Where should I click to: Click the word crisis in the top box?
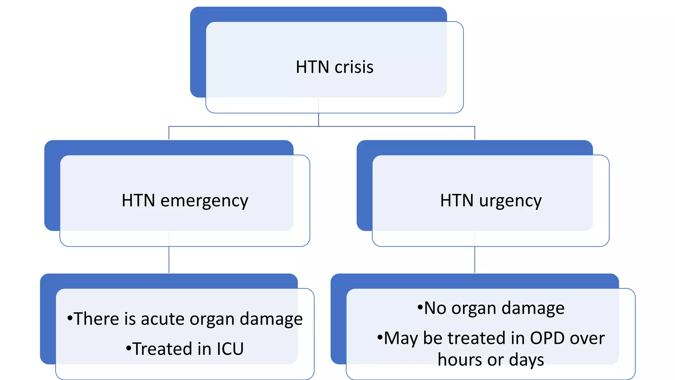(354, 67)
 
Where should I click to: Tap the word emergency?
(204, 201)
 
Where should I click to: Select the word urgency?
(510, 201)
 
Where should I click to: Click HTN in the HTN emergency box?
(138, 201)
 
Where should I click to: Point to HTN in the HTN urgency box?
(457, 201)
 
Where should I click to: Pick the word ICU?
(230, 349)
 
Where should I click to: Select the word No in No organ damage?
(435, 308)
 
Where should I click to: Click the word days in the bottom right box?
(526, 360)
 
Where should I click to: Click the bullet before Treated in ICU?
(129, 348)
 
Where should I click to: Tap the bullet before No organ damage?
(420, 308)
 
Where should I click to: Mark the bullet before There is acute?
(70, 318)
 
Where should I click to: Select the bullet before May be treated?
(380, 337)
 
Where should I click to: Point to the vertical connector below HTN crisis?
(318, 119)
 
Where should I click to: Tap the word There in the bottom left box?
(96, 319)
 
